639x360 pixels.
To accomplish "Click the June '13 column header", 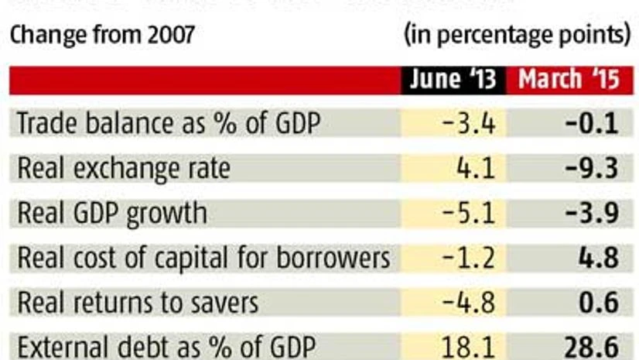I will coord(453,80).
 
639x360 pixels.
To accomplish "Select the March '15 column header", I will coord(569,80).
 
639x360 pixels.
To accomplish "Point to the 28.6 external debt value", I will coord(596,346).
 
